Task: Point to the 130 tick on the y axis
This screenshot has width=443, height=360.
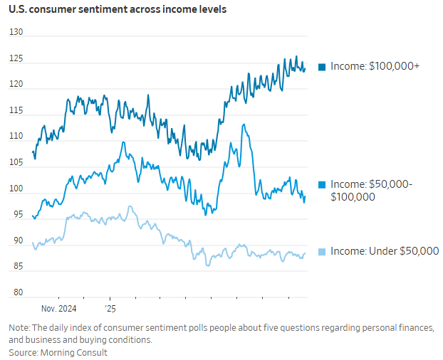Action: (16, 33)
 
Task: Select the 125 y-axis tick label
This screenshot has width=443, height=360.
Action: (16, 59)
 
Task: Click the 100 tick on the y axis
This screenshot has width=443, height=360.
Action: (16, 189)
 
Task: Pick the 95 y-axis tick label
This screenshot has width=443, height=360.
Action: (16, 215)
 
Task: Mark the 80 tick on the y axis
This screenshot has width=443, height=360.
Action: (16, 292)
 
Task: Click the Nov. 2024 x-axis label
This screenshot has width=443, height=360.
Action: (58, 309)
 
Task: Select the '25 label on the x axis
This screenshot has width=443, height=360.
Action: (110, 309)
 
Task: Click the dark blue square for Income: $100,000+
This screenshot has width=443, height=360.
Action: (322, 67)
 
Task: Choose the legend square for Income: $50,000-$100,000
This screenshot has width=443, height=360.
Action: (322, 184)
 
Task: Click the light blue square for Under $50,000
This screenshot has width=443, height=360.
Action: (322, 251)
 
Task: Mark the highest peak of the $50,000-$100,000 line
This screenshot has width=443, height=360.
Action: (244, 125)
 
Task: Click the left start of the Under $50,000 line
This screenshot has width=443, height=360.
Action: (32, 243)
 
